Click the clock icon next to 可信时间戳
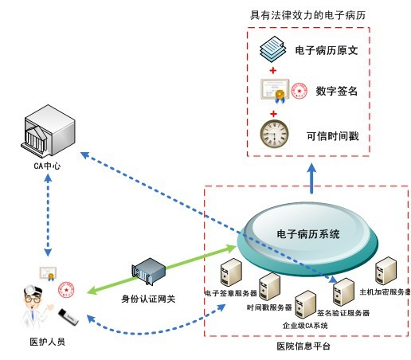275,132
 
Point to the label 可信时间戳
332,136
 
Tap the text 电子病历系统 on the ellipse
307,234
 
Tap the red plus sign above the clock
275,112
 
